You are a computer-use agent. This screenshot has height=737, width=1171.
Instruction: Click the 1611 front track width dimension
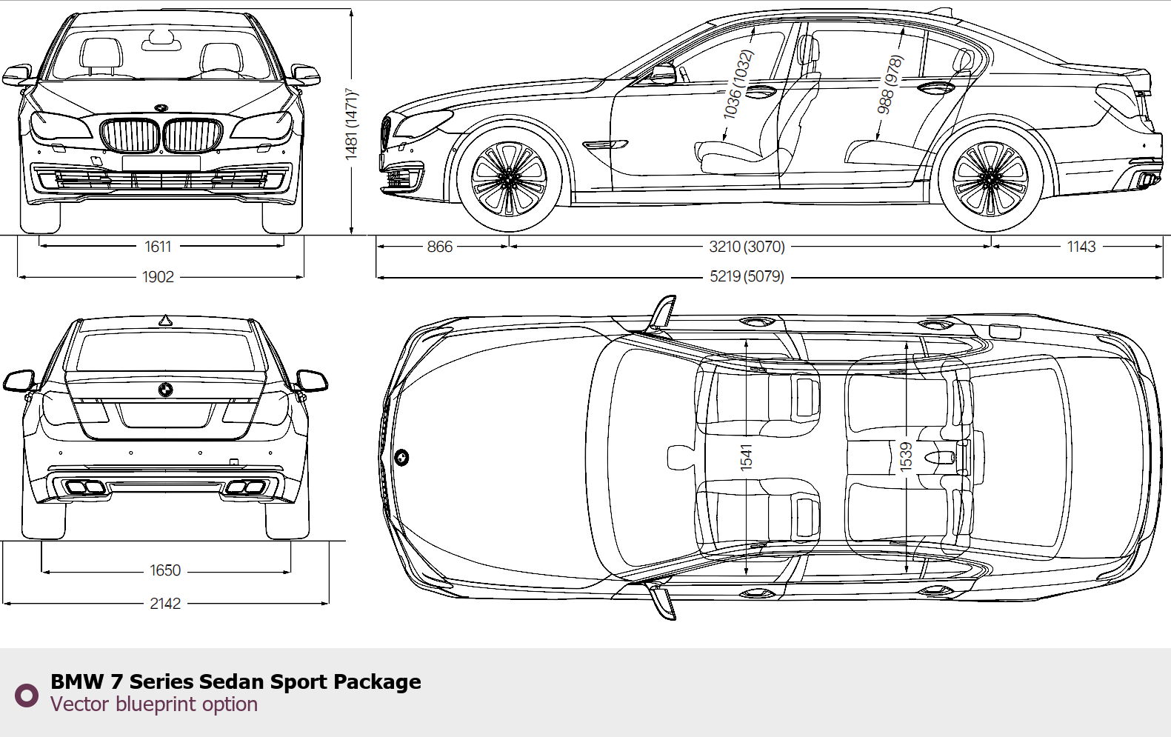(x=158, y=246)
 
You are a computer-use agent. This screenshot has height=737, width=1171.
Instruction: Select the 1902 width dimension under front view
(x=158, y=277)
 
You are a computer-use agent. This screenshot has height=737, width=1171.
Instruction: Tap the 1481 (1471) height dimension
(x=351, y=123)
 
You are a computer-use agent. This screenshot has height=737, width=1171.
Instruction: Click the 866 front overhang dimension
(x=439, y=247)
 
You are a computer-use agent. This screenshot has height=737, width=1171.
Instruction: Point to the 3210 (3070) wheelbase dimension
(x=747, y=247)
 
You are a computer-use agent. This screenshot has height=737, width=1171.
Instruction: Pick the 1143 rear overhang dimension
(x=1081, y=247)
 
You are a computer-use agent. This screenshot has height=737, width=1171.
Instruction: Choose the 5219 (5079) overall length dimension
(x=747, y=277)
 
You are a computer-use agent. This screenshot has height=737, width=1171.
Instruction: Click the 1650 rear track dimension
(x=165, y=570)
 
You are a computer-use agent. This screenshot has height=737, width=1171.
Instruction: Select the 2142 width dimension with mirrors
(x=165, y=604)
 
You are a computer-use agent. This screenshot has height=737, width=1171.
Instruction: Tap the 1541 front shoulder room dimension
(x=746, y=457)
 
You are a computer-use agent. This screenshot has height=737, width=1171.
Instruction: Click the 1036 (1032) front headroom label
(x=738, y=84)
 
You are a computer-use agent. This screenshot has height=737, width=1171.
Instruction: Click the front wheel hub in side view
(x=509, y=178)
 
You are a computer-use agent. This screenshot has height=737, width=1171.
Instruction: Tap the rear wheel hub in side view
(x=990, y=178)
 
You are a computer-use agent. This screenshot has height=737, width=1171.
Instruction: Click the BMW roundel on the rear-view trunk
(x=166, y=390)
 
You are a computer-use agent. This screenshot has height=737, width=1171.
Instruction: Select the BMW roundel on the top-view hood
(x=401, y=458)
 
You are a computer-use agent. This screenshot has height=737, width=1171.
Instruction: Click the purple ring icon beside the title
(x=27, y=695)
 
